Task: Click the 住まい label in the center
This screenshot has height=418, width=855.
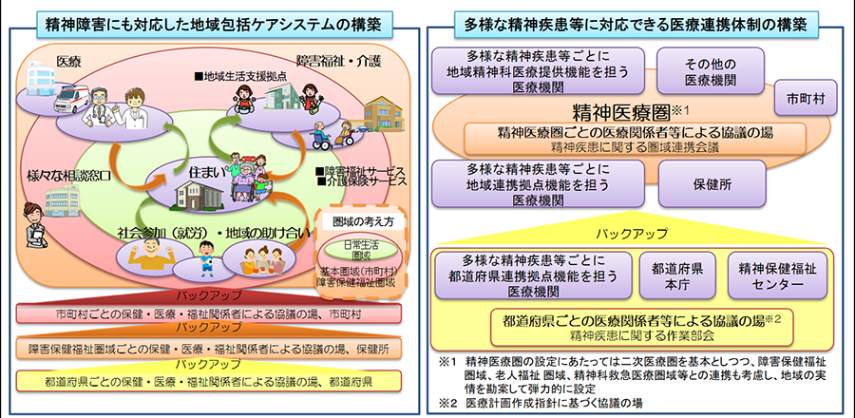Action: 207,172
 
